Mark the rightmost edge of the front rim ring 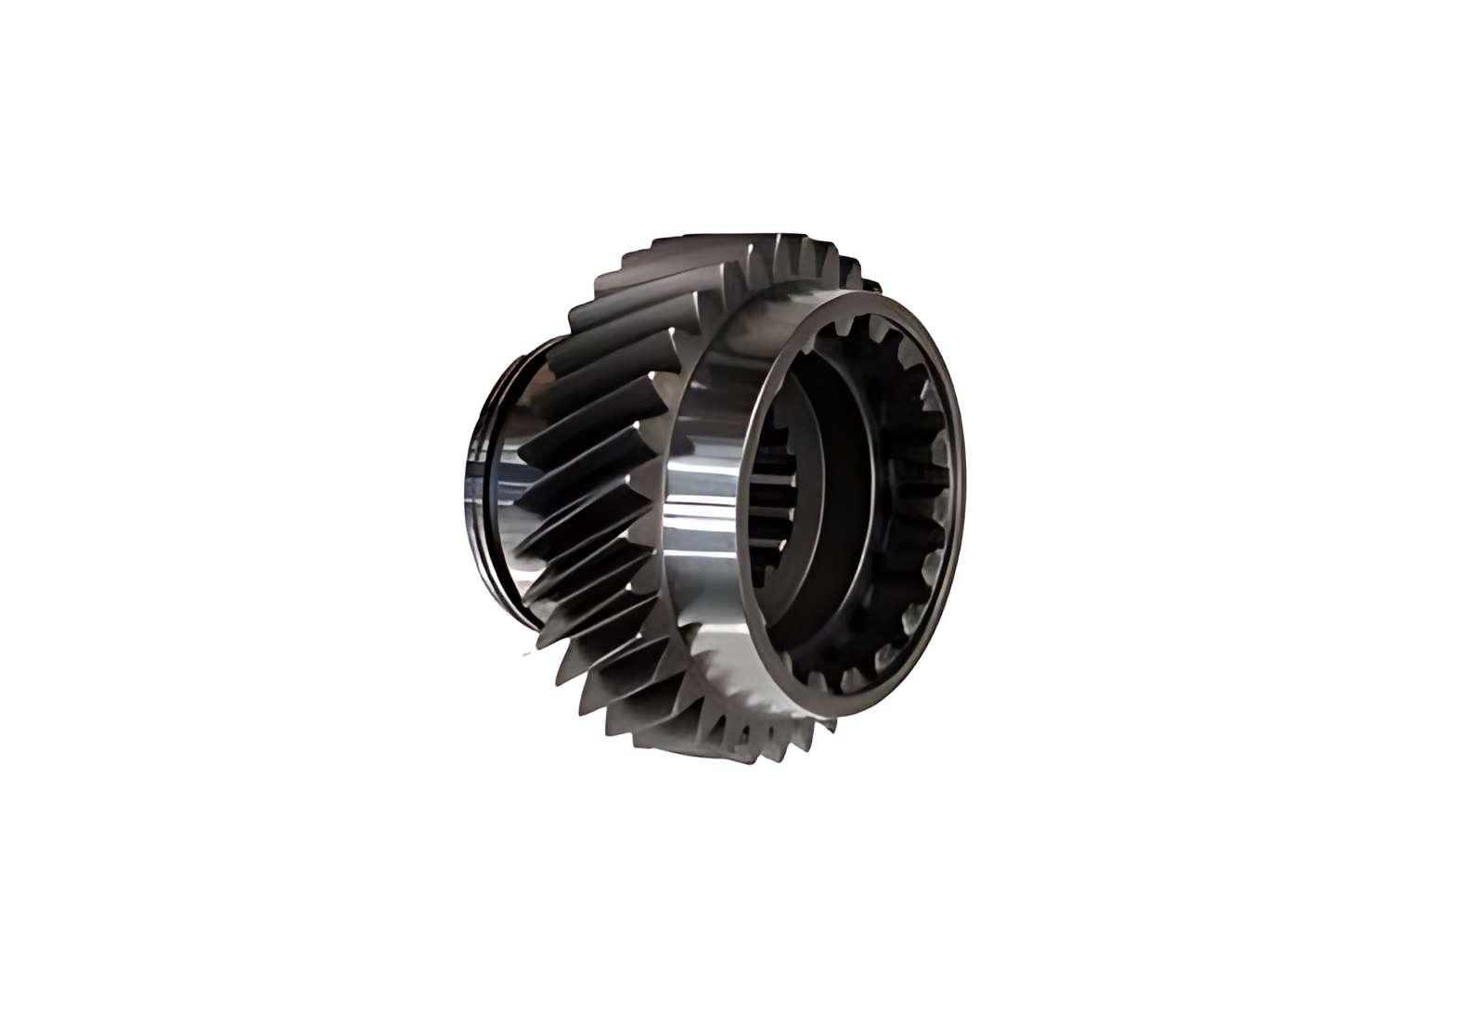tap(961, 483)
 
